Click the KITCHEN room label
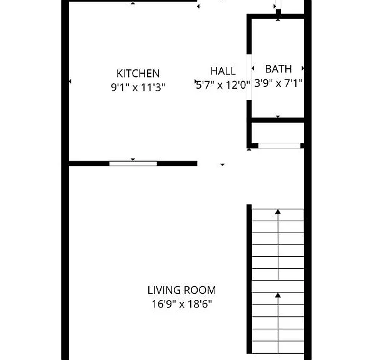(138, 73)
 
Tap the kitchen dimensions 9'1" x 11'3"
(138, 87)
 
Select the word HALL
(223, 71)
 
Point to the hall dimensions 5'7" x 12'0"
(223, 85)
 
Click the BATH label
(278, 69)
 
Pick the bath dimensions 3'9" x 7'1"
(278, 83)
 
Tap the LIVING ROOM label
(181, 290)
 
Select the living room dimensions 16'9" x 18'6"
(181, 304)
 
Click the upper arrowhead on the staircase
(278, 211)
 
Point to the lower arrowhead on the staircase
(278, 295)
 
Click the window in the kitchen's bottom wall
(133, 164)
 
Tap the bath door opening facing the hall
(249, 77)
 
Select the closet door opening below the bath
(279, 146)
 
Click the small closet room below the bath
(278, 133)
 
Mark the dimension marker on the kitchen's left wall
(70, 81)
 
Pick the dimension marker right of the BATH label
(303, 68)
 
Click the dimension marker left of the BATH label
(253, 68)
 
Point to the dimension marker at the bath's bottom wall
(278, 116)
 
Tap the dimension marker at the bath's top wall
(278, 20)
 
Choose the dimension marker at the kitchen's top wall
(133, 3)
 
